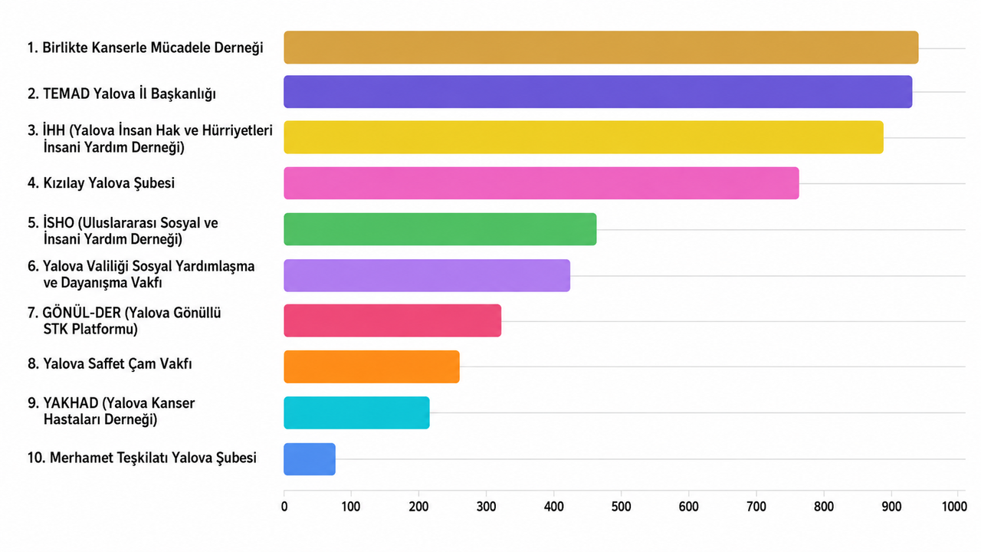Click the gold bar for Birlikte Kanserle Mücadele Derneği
(601, 48)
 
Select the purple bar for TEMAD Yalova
(598, 91)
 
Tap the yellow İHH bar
(583, 137)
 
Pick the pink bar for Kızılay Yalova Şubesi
(541, 183)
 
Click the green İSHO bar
(440, 229)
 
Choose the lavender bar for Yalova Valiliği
(427, 275)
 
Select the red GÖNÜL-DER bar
(392, 320)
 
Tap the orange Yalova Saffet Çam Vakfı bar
(372, 366)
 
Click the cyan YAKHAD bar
(356, 412)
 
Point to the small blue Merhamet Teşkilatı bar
(310, 459)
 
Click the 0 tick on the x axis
(284, 507)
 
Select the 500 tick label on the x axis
(621, 507)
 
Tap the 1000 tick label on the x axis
(954, 507)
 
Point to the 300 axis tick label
(486, 507)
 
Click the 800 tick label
(823, 507)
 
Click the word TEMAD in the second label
(66, 94)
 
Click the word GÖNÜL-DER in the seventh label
(81, 312)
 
